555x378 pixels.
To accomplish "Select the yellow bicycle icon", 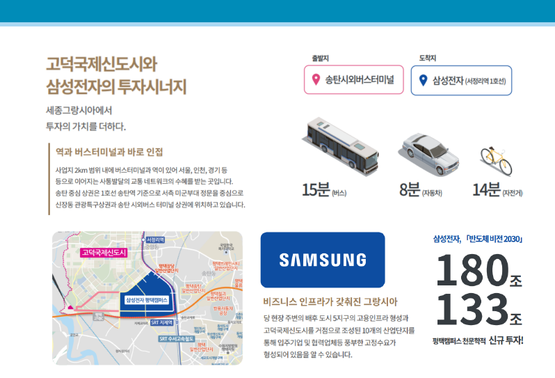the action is pos(497,161).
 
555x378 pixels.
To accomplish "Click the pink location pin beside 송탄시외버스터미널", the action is pos(316,80).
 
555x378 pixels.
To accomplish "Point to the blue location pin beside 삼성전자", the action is pos(423,80).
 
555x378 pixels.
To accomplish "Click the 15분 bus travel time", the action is pos(316,189).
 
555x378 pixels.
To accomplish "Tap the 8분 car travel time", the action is pos(410,189).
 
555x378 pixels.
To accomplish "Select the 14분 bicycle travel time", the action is pos(487,189).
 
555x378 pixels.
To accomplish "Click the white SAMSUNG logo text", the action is pos(322,260).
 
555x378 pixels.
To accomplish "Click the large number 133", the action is pos(471,310).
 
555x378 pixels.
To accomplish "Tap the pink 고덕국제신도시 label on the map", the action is pos(104,253).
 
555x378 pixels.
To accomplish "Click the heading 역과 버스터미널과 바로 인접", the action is pos(109,151).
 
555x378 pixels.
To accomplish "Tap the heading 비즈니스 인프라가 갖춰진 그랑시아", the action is pos(330,301).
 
